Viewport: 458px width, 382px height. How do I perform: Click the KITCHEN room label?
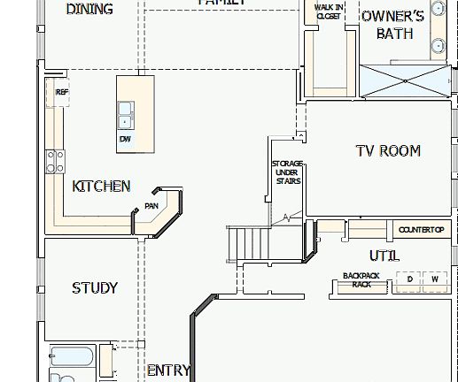click(x=101, y=186)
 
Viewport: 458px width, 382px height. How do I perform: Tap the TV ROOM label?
click(x=387, y=151)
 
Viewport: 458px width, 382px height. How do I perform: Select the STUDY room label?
click(x=94, y=287)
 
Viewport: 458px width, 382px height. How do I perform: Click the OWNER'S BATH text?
click(x=393, y=25)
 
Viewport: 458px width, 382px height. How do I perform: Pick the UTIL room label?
click(x=384, y=256)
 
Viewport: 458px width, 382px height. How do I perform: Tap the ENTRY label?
click(x=167, y=371)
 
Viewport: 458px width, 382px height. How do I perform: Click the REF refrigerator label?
click(x=61, y=92)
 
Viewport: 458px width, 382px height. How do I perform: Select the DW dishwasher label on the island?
click(x=125, y=139)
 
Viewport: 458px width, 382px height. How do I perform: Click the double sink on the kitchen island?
click(x=125, y=115)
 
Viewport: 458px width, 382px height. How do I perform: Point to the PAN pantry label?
click(x=151, y=207)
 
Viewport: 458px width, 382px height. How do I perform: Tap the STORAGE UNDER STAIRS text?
click(x=286, y=172)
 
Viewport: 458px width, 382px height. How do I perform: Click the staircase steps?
click(x=249, y=243)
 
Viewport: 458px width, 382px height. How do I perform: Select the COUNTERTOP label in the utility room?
click(x=421, y=230)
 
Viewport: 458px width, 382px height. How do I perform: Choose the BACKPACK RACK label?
click(x=361, y=280)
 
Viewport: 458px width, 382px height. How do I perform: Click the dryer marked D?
click(x=409, y=279)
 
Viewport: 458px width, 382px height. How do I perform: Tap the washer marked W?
click(x=434, y=279)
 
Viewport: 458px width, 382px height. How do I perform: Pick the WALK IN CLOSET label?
click(x=328, y=11)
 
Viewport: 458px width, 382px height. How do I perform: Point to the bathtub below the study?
click(x=72, y=360)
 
